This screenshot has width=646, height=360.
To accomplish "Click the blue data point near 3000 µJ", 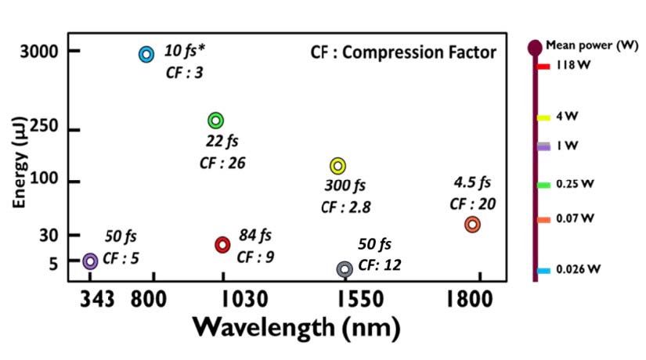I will pos(146,54).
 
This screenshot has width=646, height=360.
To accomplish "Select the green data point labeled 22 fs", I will pos(216,121).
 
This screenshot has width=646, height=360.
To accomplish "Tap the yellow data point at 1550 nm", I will pos(337,166).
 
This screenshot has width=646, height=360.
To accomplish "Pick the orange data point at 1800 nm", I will pos(472,225).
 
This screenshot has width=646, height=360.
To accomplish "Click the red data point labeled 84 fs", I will pos(222,245).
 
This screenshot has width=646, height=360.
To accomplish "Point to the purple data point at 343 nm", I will pos(90,261).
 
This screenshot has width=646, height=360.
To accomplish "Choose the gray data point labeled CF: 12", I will pos(344,269).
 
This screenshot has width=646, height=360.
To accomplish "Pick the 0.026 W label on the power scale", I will pos(579,270).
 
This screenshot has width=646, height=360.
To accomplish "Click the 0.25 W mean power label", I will pos(576,185).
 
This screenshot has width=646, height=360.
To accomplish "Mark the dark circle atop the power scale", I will pos(535,49).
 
